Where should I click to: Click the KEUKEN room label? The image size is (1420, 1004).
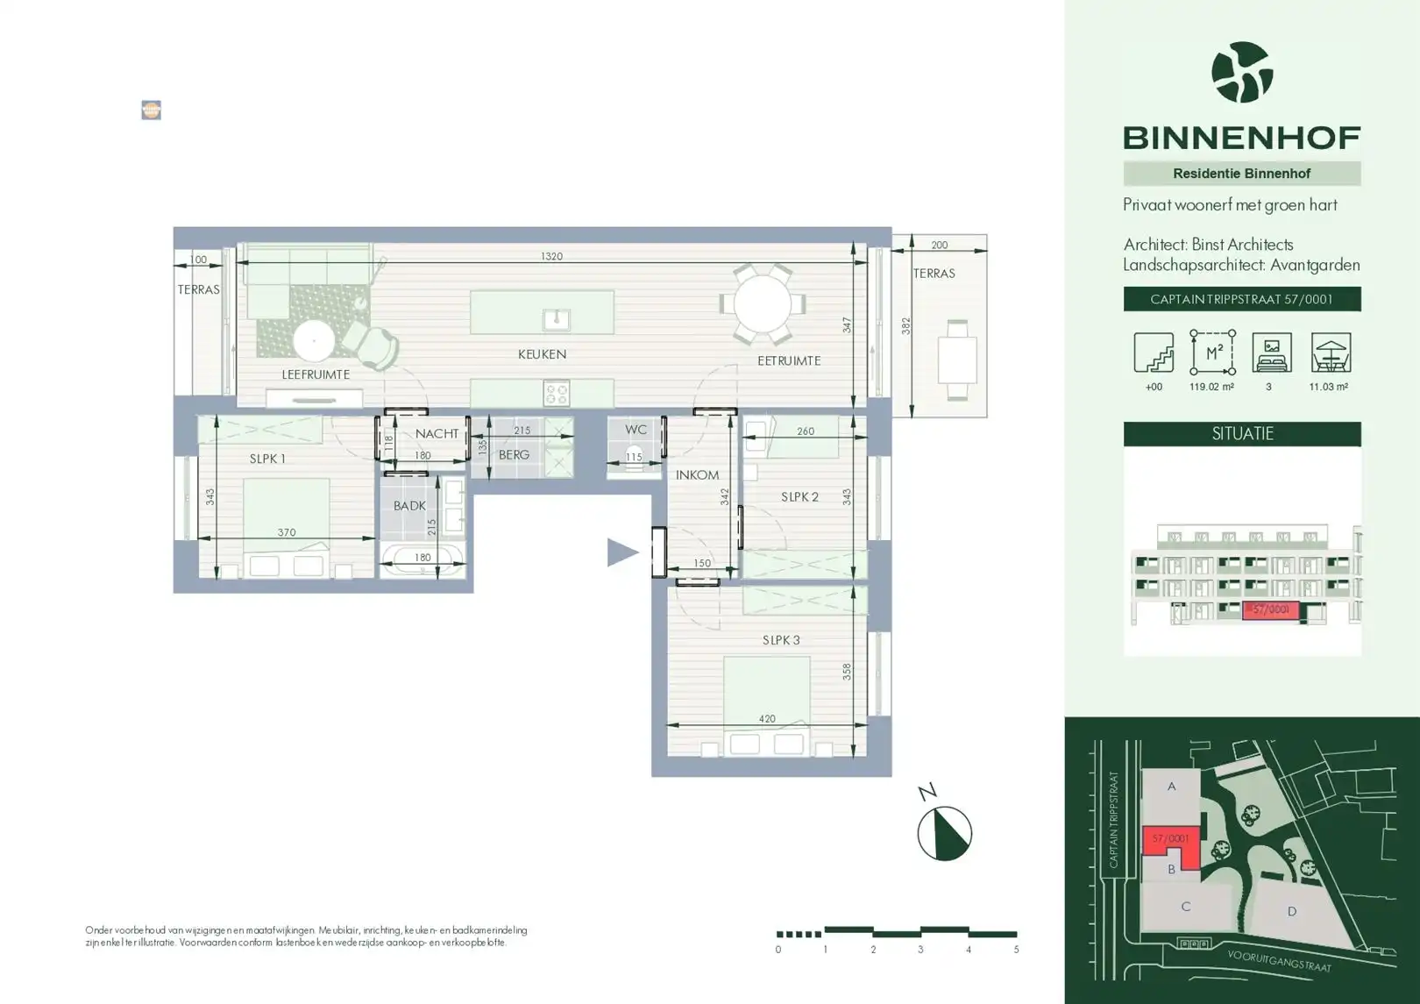(x=542, y=354)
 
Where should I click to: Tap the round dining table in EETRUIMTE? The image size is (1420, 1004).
(x=763, y=303)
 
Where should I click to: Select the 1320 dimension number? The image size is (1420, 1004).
(x=551, y=256)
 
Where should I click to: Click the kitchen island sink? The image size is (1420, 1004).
(x=557, y=319)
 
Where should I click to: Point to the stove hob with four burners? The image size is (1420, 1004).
(x=557, y=394)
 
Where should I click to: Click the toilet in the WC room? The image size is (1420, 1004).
(x=634, y=455)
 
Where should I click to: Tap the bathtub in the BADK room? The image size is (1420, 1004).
(x=422, y=559)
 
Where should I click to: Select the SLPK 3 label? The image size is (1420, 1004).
(x=780, y=640)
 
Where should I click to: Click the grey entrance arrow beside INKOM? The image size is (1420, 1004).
(x=622, y=552)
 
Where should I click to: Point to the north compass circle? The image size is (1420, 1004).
(x=944, y=833)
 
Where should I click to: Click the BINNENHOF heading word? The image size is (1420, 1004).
(x=1241, y=138)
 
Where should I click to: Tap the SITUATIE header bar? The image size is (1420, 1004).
(x=1241, y=434)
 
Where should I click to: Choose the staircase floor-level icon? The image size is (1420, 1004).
(x=1154, y=352)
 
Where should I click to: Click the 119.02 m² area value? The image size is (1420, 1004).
(x=1211, y=387)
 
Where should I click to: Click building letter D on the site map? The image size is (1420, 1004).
(x=1291, y=912)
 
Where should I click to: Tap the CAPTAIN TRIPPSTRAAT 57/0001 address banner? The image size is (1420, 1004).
(x=1241, y=299)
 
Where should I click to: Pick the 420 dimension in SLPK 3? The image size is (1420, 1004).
(x=766, y=718)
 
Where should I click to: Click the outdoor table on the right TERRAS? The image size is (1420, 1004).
(x=957, y=360)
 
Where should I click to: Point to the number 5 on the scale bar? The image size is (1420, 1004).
(x=1016, y=950)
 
